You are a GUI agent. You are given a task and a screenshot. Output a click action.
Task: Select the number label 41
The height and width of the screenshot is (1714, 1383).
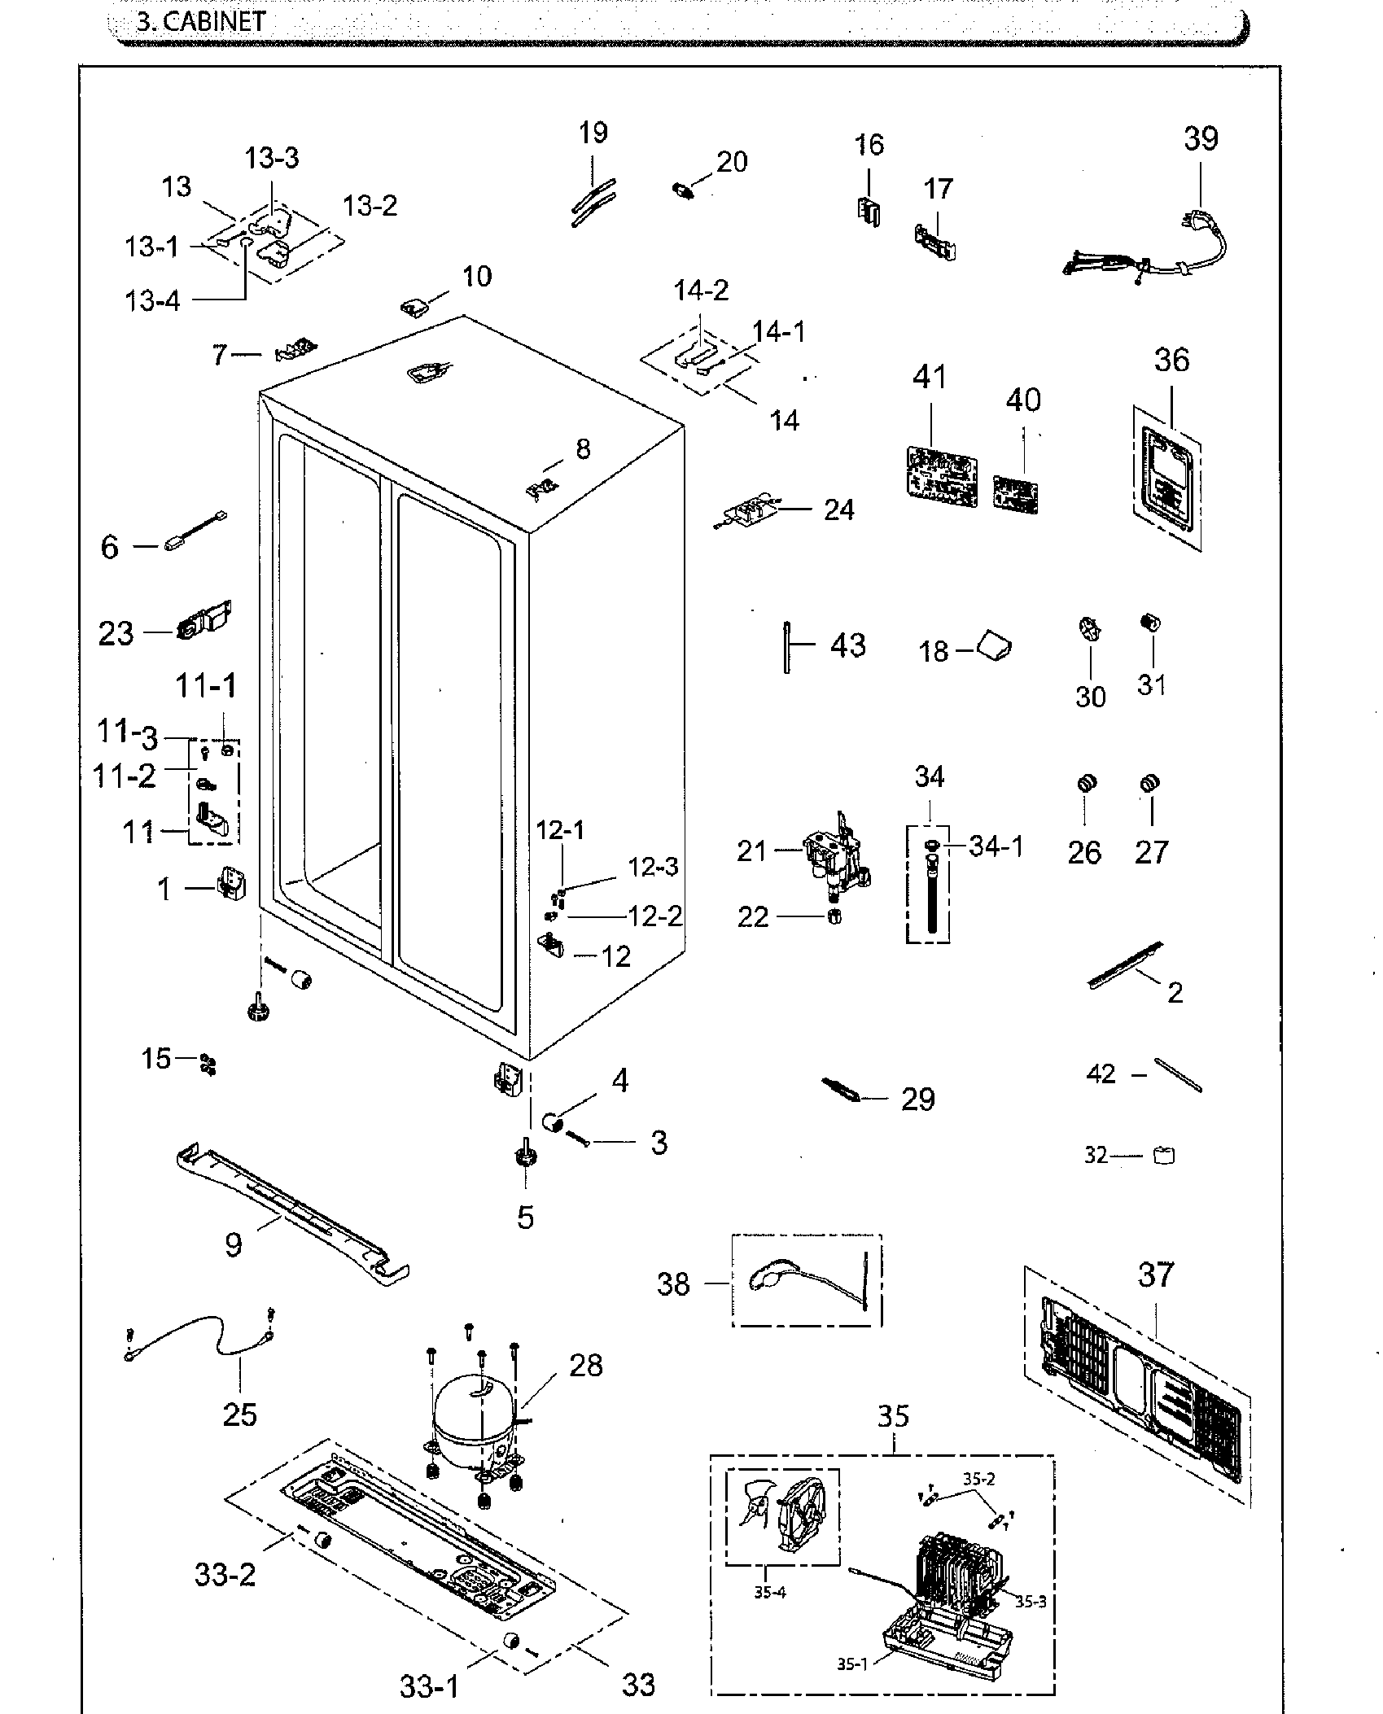pos(929,378)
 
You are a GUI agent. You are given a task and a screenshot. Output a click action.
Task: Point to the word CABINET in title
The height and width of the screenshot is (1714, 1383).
pos(214,21)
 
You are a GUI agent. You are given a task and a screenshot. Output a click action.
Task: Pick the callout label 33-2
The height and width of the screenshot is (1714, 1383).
pos(225,1576)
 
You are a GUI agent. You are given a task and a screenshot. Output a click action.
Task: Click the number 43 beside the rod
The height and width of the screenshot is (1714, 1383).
pos(847,645)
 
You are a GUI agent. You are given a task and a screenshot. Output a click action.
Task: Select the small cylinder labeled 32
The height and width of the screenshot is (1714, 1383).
pos(1165,1155)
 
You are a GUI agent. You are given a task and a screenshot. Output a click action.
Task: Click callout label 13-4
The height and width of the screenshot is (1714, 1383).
pos(152,301)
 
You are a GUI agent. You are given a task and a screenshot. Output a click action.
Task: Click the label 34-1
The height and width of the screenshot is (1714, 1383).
pos(996,846)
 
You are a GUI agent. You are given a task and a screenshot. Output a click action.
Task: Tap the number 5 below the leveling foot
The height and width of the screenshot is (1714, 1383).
pos(526,1218)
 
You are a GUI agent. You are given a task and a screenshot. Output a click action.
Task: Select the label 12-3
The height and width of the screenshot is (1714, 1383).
pos(653,867)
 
